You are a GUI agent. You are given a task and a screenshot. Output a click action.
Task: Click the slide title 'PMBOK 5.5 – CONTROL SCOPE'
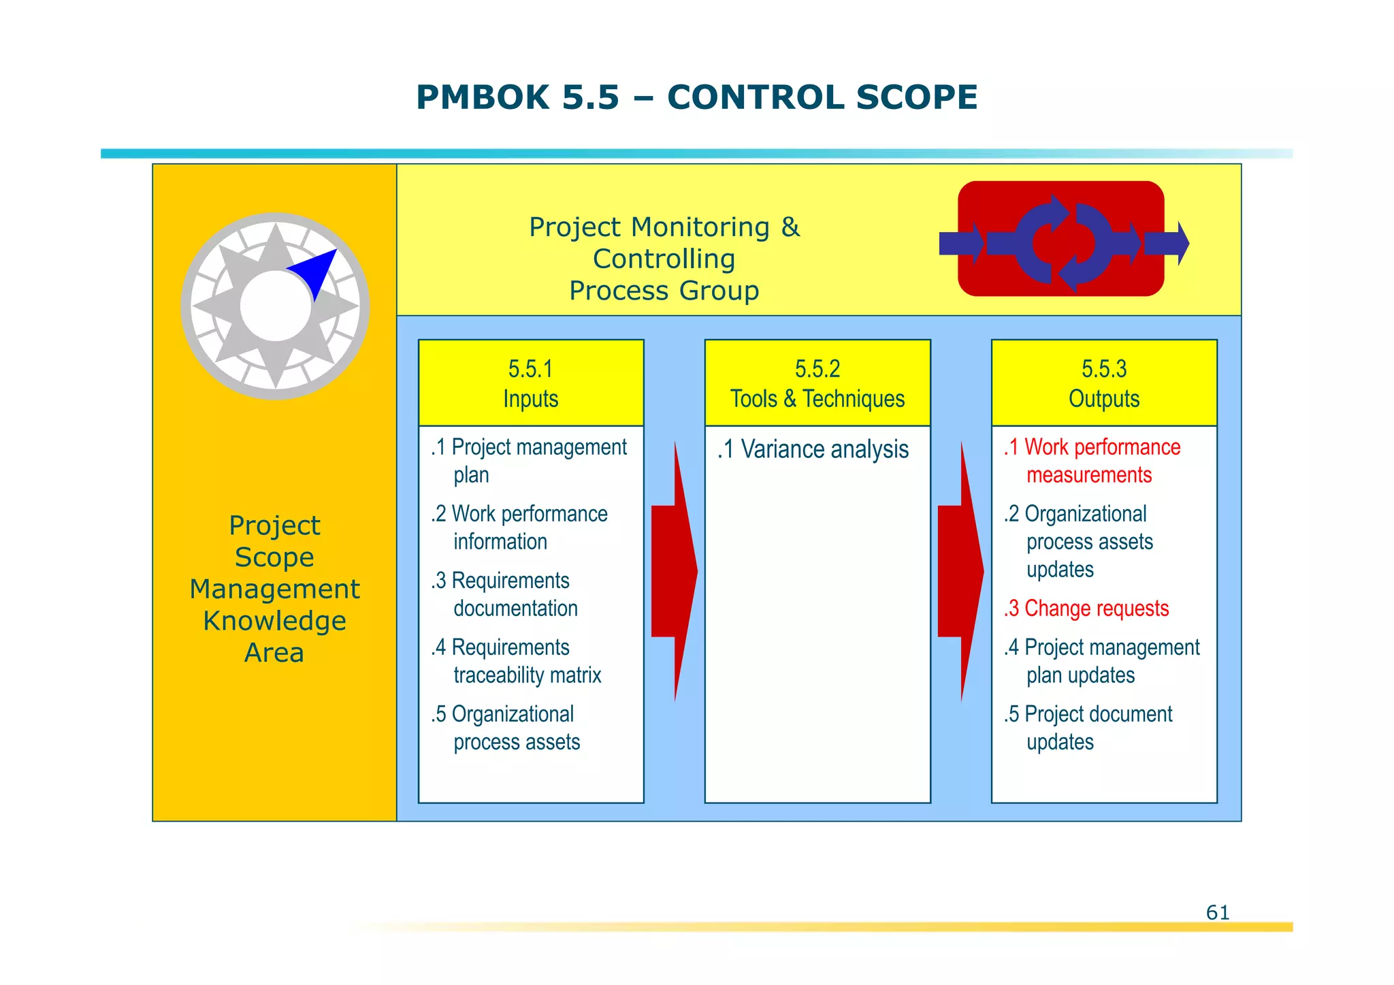[696, 97]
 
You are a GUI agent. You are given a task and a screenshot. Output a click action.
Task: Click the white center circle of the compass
[276, 306]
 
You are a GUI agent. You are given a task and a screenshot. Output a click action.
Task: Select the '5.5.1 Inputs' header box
[531, 383]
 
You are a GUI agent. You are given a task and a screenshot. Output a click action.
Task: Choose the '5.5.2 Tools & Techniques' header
[817, 383]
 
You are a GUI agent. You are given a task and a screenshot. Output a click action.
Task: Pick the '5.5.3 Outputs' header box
[1104, 383]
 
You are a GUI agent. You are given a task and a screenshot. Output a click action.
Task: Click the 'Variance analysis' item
[813, 450]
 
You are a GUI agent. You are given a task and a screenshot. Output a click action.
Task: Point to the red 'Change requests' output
[1087, 609]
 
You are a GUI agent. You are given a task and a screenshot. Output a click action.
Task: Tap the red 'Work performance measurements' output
[1092, 461]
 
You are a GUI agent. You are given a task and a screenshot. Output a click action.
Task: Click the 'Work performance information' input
[519, 528]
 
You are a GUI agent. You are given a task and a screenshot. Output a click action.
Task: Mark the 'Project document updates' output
[1088, 728]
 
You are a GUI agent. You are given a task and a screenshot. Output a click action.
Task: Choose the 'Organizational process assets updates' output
[1079, 542]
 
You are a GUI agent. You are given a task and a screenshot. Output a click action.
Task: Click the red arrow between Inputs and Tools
[674, 572]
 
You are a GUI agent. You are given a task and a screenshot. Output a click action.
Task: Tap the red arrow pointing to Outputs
[960, 572]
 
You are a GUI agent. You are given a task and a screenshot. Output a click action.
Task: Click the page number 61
[1218, 912]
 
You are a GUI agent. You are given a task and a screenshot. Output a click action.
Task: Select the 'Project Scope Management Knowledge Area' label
[274, 589]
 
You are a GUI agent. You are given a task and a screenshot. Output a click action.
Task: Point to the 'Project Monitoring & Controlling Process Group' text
[664, 259]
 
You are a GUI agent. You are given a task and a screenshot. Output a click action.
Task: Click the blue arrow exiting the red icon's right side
[1167, 243]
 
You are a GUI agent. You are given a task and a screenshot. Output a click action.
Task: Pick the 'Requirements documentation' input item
[505, 594]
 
